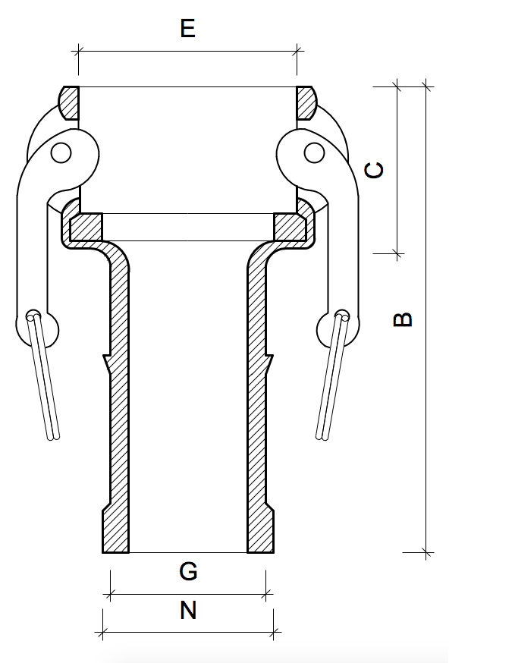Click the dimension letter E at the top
coord(188,29)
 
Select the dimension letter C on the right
coord(374,170)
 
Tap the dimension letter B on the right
coord(404,319)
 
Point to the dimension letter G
coord(188,571)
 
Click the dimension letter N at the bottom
coord(188,610)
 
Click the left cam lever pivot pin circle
coord(61,153)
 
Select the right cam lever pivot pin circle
coord(314,153)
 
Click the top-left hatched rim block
coord(68,102)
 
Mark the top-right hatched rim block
coord(306,102)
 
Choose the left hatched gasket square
coord(86,227)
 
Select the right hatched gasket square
coord(289,227)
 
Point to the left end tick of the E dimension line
coord(78,51)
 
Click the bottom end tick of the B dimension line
coord(426,552)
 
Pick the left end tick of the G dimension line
coord(111,594)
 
